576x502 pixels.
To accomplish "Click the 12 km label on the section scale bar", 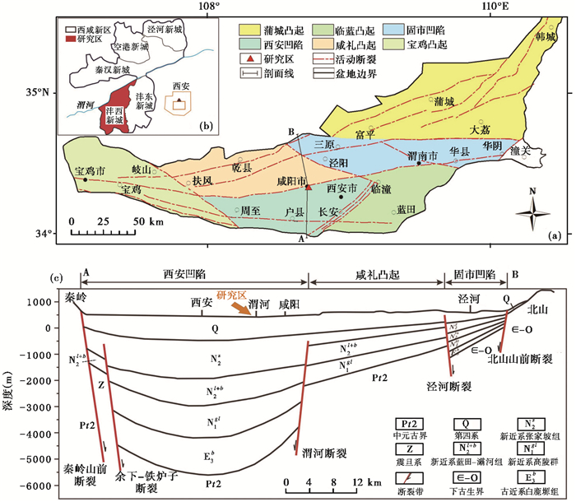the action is click(x=364, y=479).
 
